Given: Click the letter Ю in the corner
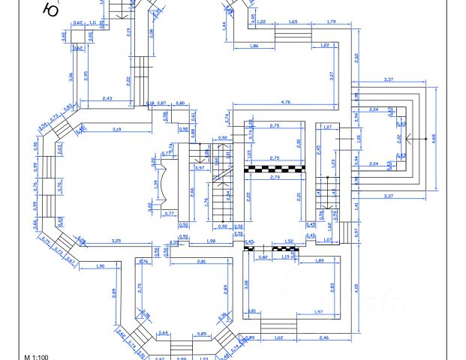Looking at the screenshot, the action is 51,10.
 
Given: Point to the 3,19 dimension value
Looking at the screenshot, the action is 117,130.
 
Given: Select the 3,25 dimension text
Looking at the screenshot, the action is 116,241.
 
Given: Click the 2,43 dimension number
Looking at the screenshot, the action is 107,99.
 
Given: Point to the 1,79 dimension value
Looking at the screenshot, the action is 332,22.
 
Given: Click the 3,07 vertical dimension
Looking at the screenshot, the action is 332,74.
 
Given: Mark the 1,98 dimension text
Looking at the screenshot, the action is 211,241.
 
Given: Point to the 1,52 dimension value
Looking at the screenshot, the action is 290,241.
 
